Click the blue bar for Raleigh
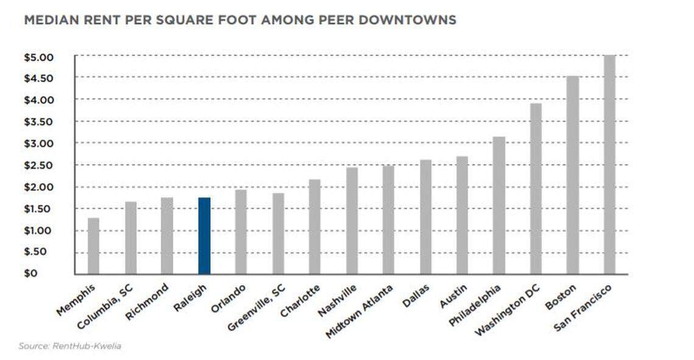tap(204, 236)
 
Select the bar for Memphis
tap(93, 245)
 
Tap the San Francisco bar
tap(609, 164)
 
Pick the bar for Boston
tap(572, 175)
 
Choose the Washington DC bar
tap(536, 189)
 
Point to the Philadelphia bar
tap(499, 205)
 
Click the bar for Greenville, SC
tap(278, 233)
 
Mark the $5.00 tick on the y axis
tap(39, 57)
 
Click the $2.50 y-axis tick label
tap(39, 165)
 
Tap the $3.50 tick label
tap(39, 122)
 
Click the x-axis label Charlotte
tap(300, 300)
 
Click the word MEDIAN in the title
tap(48, 20)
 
